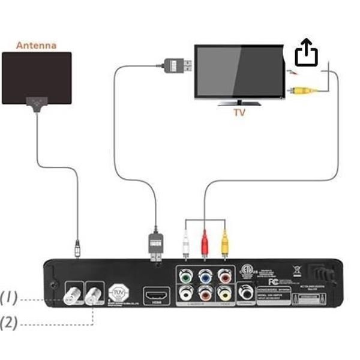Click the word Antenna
pyautogui.click(x=36, y=45)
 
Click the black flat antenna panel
pyautogui.click(x=37, y=77)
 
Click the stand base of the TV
pyautogui.click(x=238, y=101)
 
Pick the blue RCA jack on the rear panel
pyautogui.click(x=205, y=277)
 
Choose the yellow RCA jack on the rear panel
pyautogui.click(x=224, y=294)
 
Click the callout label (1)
pyautogui.click(x=9, y=296)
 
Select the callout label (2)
pyautogui.click(x=9, y=322)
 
